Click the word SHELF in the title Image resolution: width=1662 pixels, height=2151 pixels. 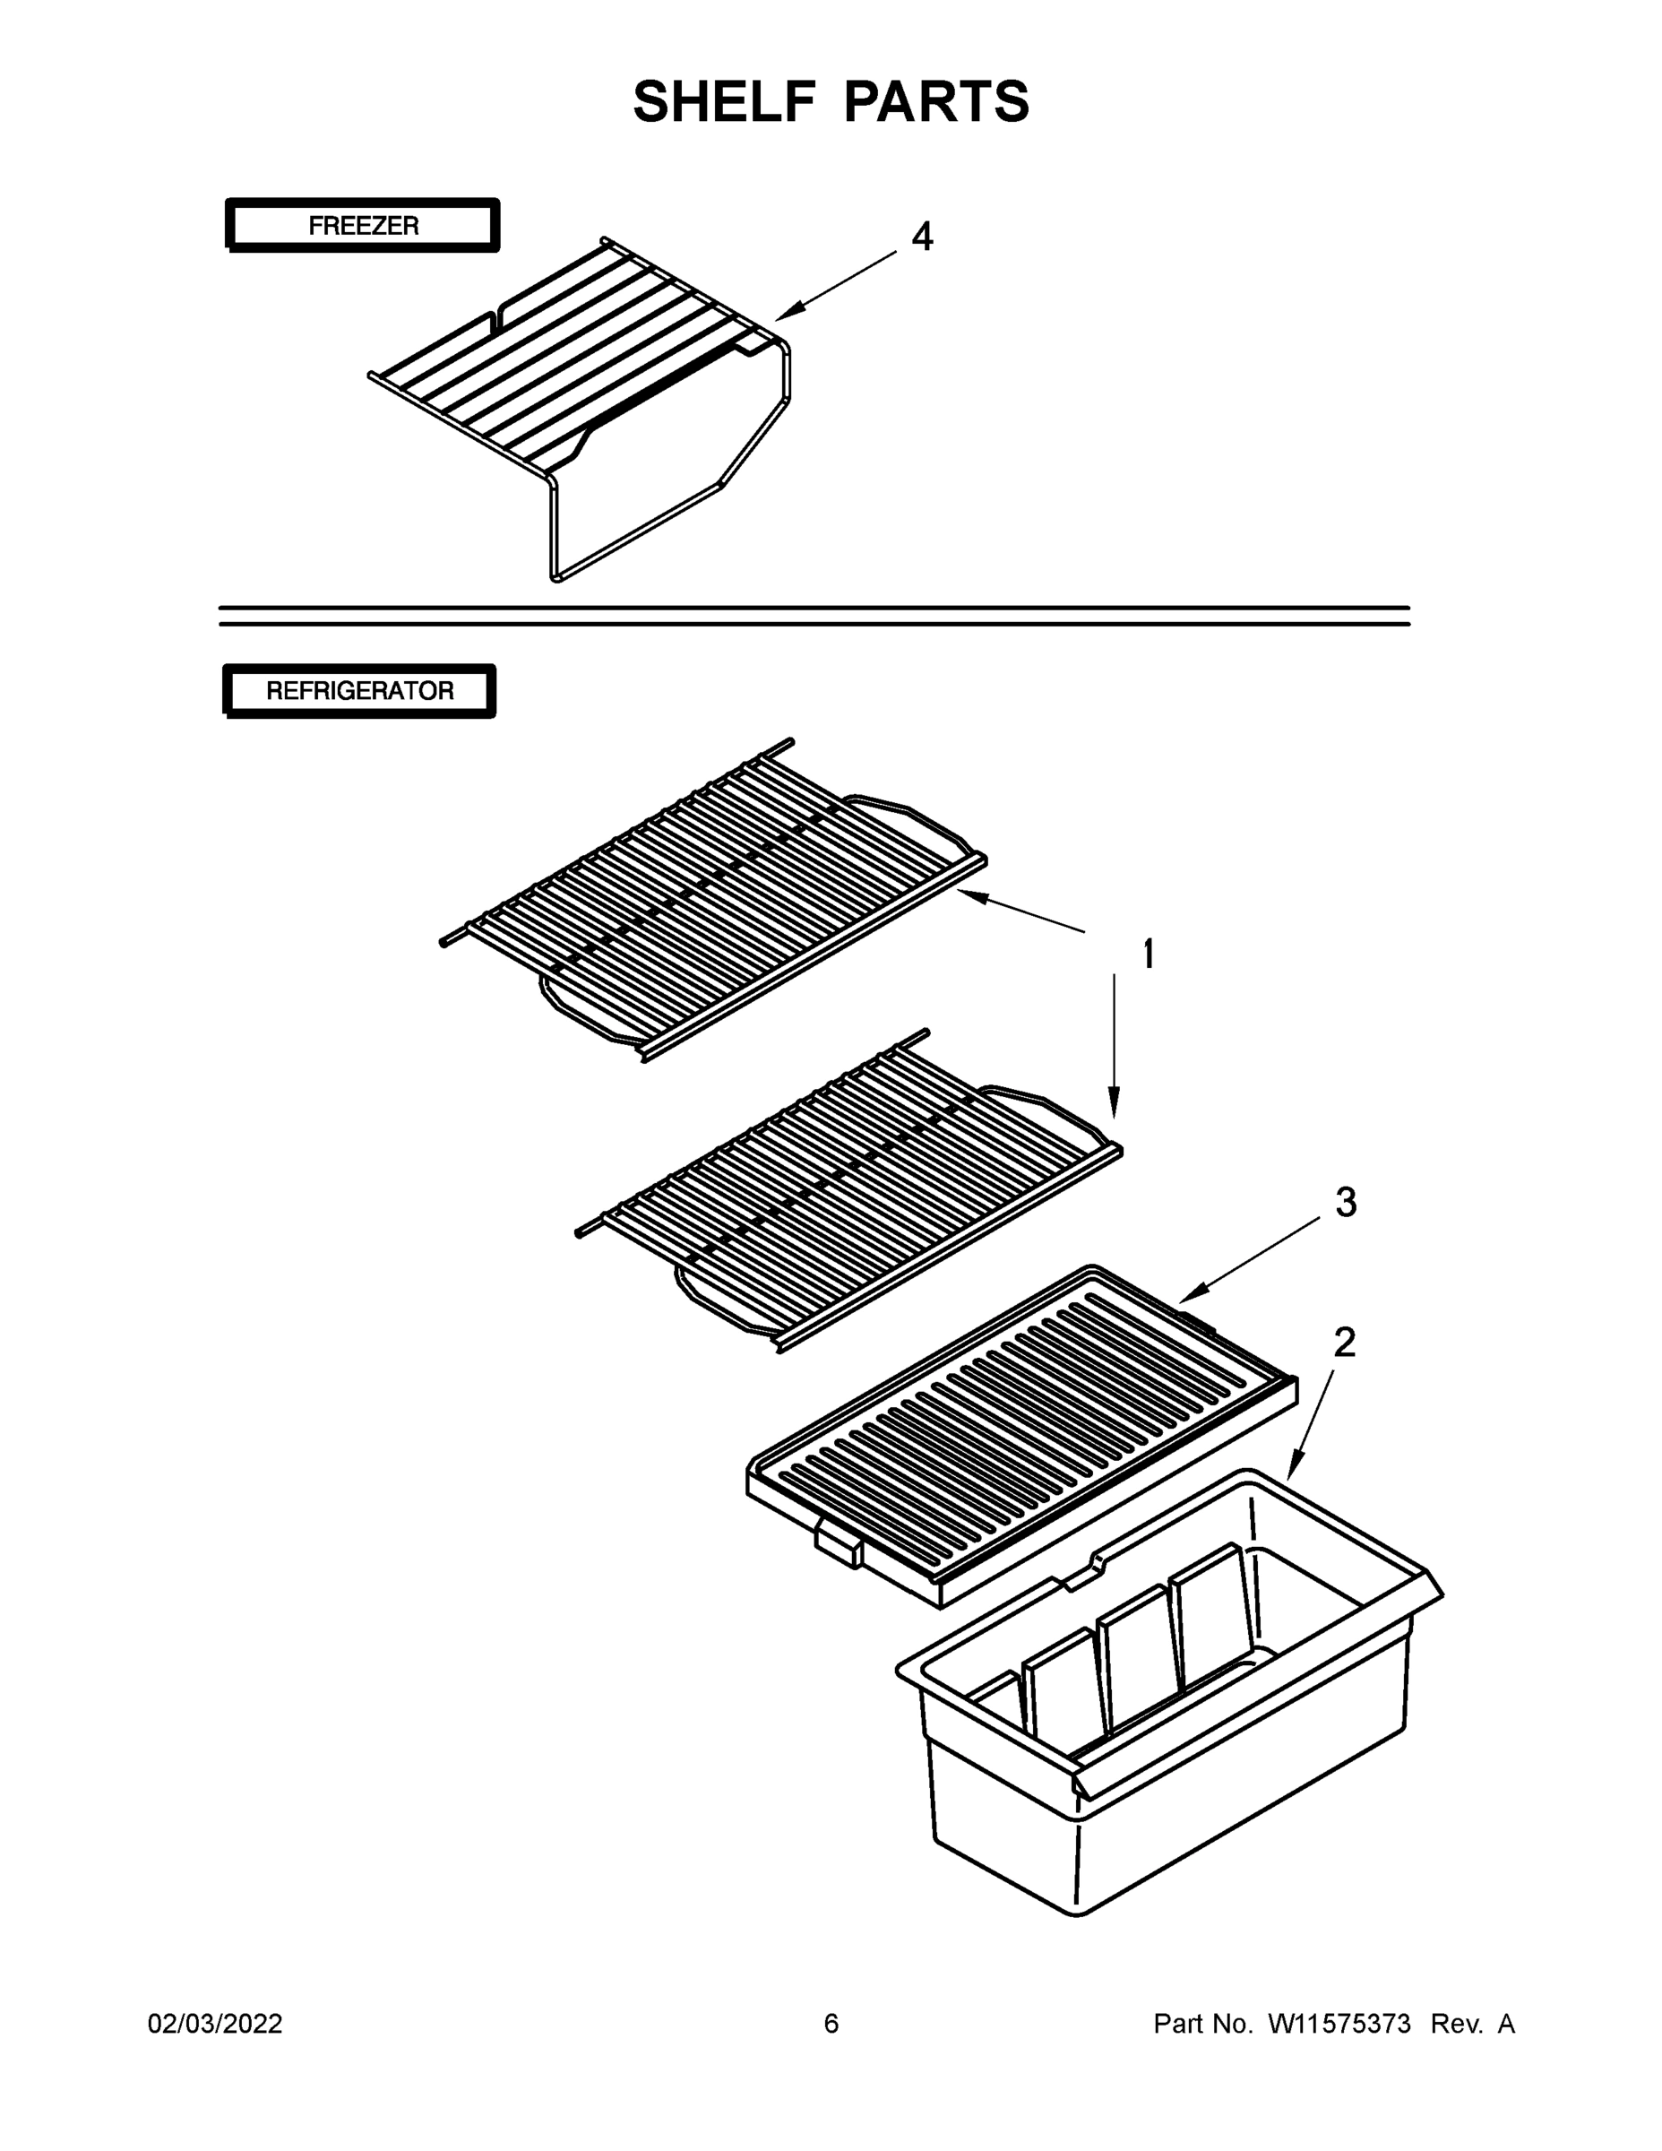724,101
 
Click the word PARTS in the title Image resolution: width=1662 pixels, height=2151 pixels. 936,101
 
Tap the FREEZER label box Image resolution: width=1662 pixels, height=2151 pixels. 362,226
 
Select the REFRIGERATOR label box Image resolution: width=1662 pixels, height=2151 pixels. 359,690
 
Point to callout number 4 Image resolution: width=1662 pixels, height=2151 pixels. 922,237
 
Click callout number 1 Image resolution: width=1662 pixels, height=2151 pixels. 1147,954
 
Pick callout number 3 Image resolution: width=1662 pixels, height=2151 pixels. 1345,1202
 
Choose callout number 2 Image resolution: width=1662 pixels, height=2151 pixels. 1344,1343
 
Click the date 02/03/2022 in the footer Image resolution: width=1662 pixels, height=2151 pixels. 215,2023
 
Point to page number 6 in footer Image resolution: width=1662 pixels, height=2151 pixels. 831,2023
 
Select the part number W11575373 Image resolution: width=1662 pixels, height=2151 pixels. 1339,2023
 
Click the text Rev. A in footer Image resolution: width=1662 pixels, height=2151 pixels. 1472,2023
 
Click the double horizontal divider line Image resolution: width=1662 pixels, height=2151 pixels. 814,616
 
